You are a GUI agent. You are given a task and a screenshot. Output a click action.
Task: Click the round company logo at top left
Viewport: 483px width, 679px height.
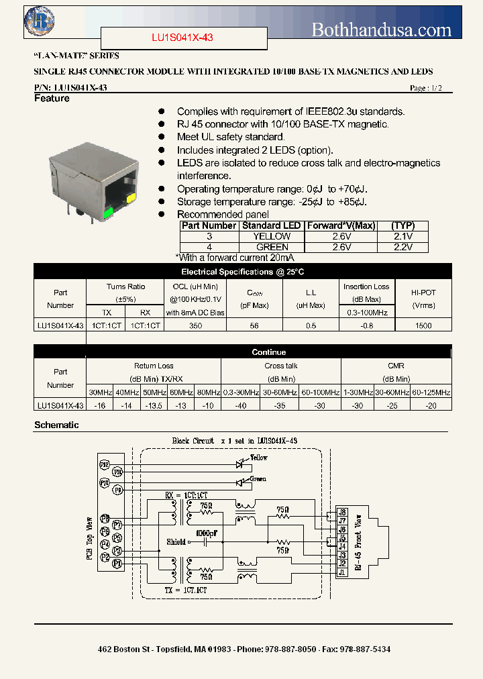pyautogui.click(x=38, y=20)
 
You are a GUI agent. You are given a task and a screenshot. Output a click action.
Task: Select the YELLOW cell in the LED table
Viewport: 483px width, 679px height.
pyautogui.click(x=272, y=236)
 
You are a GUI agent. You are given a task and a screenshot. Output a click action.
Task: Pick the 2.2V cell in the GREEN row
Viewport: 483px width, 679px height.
pyautogui.click(x=402, y=247)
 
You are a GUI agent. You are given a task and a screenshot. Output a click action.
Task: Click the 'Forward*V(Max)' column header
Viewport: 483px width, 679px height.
pyautogui.click(x=340, y=226)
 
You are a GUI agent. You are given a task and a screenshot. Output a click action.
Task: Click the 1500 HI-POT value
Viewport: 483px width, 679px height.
pyautogui.click(x=424, y=325)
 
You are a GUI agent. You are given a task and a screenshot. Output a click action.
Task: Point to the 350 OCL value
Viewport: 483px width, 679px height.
pyautogui.click(x=195, y=325)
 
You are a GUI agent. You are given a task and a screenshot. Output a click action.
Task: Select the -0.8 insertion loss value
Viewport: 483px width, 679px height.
pyautogui.click(x=366, y=325)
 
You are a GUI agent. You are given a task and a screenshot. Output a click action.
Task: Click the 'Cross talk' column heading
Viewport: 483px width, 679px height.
pyautogui.click(x=280, y=366)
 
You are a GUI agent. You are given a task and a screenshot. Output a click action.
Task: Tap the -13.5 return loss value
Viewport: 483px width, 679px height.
pyautogui.click(x=154, y=405)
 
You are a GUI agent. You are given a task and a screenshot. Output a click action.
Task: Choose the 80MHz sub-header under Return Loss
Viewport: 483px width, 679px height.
pyautogui.click(x=207, y=392)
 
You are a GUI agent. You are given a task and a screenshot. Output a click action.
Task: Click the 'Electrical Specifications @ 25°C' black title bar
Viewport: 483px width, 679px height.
pyautogui.click(x=242, y=272)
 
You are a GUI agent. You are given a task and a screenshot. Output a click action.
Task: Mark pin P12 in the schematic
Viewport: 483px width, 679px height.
pyautogui.click(x=105, y=464)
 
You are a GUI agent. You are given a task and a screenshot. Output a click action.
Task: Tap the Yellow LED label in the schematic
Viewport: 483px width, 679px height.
pyautogui.click(x=258, y=458)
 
